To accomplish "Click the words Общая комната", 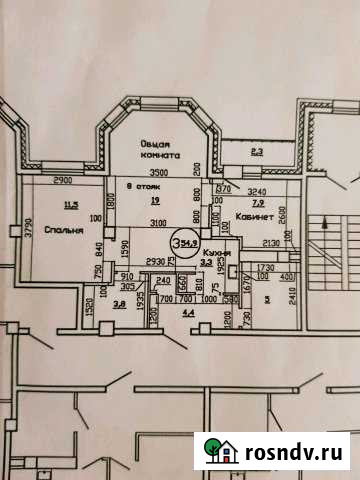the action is [x=161, y=150].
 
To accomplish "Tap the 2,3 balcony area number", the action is [x=256, y=153].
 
